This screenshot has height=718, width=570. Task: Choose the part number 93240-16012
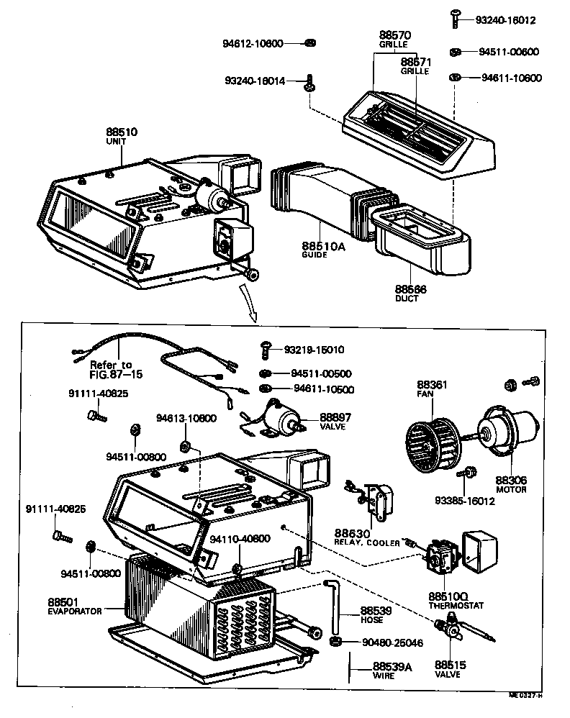coord(505,20)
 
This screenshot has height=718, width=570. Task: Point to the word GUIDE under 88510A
coord(315,255)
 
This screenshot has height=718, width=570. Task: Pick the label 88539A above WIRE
coord(392,667)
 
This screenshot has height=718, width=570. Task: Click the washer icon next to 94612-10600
coord(307,43)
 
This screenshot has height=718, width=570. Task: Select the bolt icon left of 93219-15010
coord(265,350)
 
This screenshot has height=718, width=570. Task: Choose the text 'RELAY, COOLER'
coord(367,542)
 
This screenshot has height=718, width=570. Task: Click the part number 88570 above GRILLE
coord(394,35)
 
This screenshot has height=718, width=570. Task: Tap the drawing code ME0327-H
coord(525,695)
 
